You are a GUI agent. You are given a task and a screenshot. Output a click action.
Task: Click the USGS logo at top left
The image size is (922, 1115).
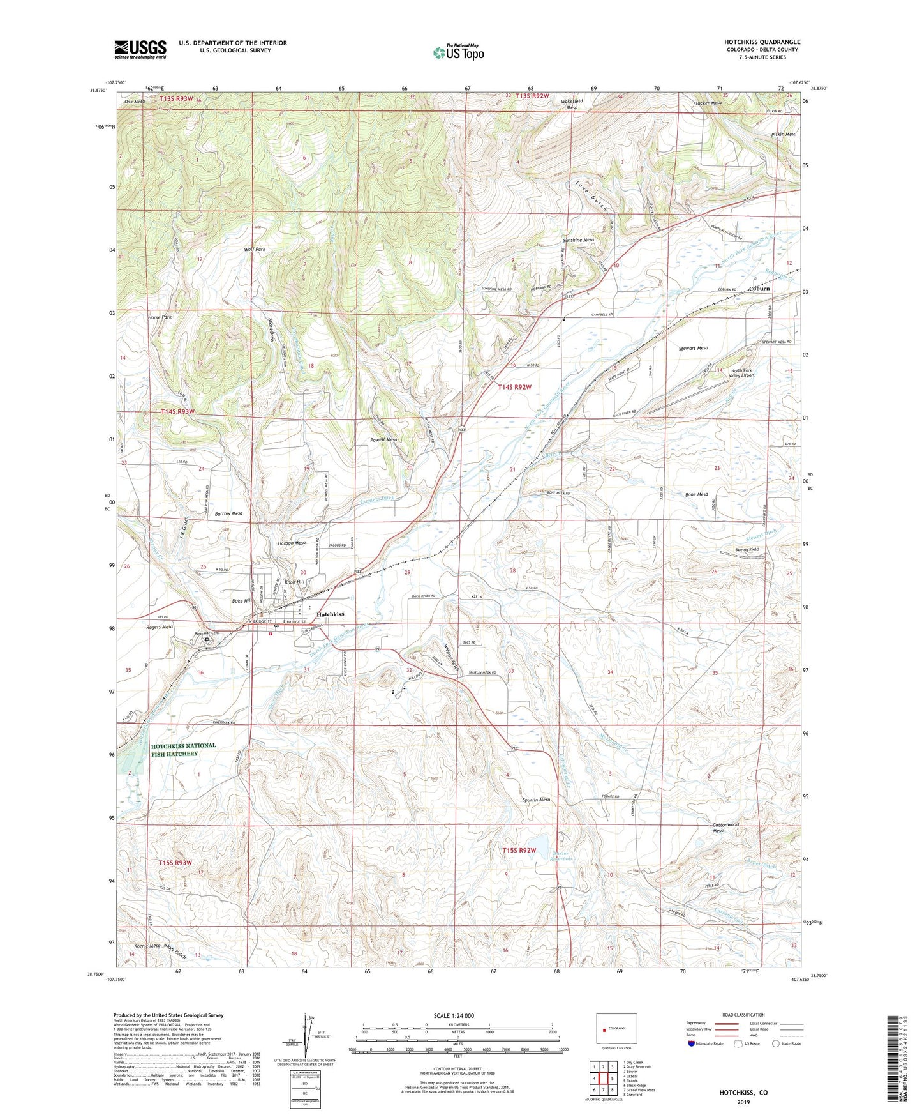(140, 49)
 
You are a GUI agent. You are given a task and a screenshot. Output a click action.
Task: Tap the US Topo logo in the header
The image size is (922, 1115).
(457, 52)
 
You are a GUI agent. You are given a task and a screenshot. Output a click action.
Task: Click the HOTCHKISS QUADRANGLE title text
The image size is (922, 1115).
(762, 42)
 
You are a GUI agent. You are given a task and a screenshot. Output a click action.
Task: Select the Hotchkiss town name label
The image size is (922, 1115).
(330, 614)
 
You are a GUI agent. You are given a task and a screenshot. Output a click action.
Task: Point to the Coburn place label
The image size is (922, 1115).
(759, 288)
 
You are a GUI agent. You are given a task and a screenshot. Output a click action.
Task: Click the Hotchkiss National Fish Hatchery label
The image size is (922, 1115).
(184, 750)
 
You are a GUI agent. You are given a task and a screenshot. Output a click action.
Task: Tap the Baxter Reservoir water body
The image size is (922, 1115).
(536, 846)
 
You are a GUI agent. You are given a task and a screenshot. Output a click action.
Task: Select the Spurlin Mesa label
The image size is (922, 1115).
(536, 800)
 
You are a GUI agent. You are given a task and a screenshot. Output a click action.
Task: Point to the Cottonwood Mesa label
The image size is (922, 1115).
(726, 828)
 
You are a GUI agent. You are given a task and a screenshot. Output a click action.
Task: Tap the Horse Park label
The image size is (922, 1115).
(160, 317)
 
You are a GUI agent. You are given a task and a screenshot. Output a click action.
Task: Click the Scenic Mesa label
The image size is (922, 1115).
(147, 946)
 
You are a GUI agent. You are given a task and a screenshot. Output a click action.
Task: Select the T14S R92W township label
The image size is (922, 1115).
(514, 387)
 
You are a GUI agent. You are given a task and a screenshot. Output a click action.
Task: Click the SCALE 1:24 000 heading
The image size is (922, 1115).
(453, 1016)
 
